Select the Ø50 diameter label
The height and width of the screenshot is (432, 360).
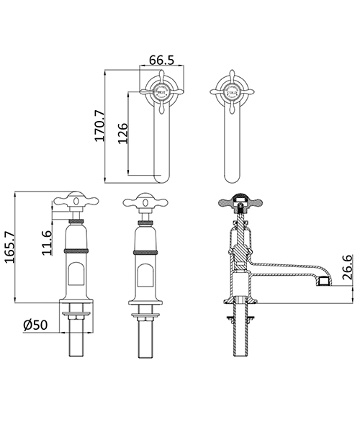click(x=36, y=325)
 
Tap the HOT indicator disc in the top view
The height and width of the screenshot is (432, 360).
click(x=163, y=91)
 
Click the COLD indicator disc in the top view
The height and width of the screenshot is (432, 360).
click(x=233, y=91)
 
